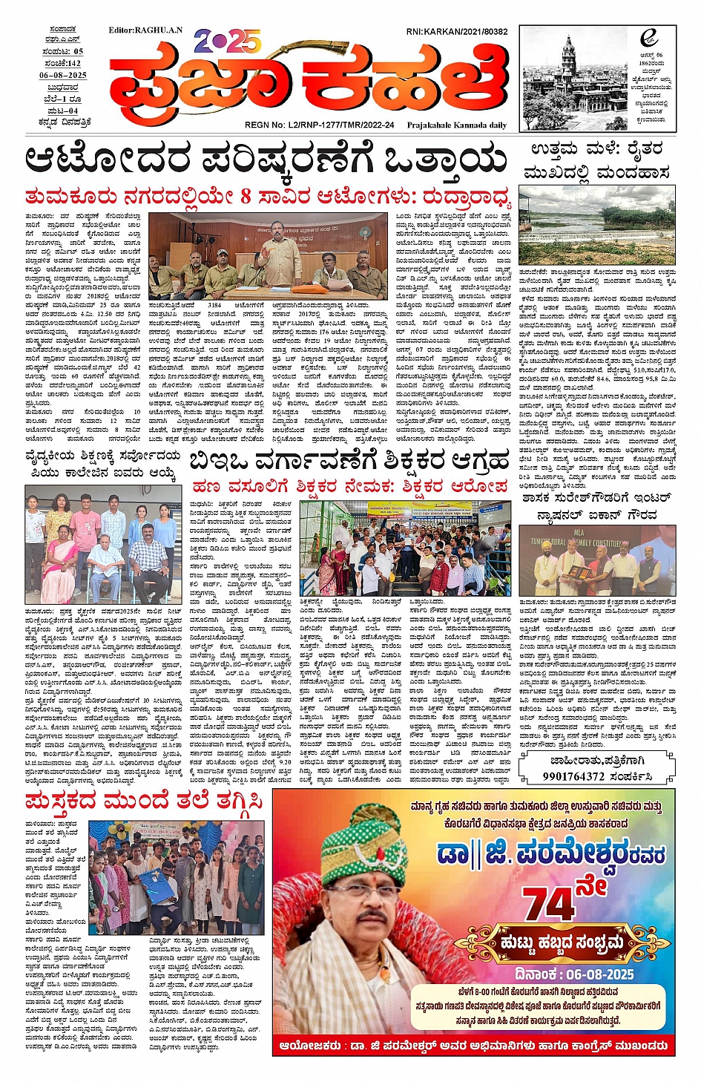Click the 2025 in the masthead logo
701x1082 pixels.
(228, 42)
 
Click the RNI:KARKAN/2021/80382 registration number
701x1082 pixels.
(456, 32)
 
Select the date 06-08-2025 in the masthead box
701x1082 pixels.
(63, 76)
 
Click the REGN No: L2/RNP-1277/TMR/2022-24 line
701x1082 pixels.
(319, 125)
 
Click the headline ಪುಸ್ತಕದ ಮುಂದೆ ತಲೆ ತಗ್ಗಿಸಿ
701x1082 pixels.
(144, 802)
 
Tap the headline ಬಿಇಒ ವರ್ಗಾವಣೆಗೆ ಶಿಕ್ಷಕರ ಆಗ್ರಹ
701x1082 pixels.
(349, 462)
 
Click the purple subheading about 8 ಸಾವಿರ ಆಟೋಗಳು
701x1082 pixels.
(267, 197)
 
